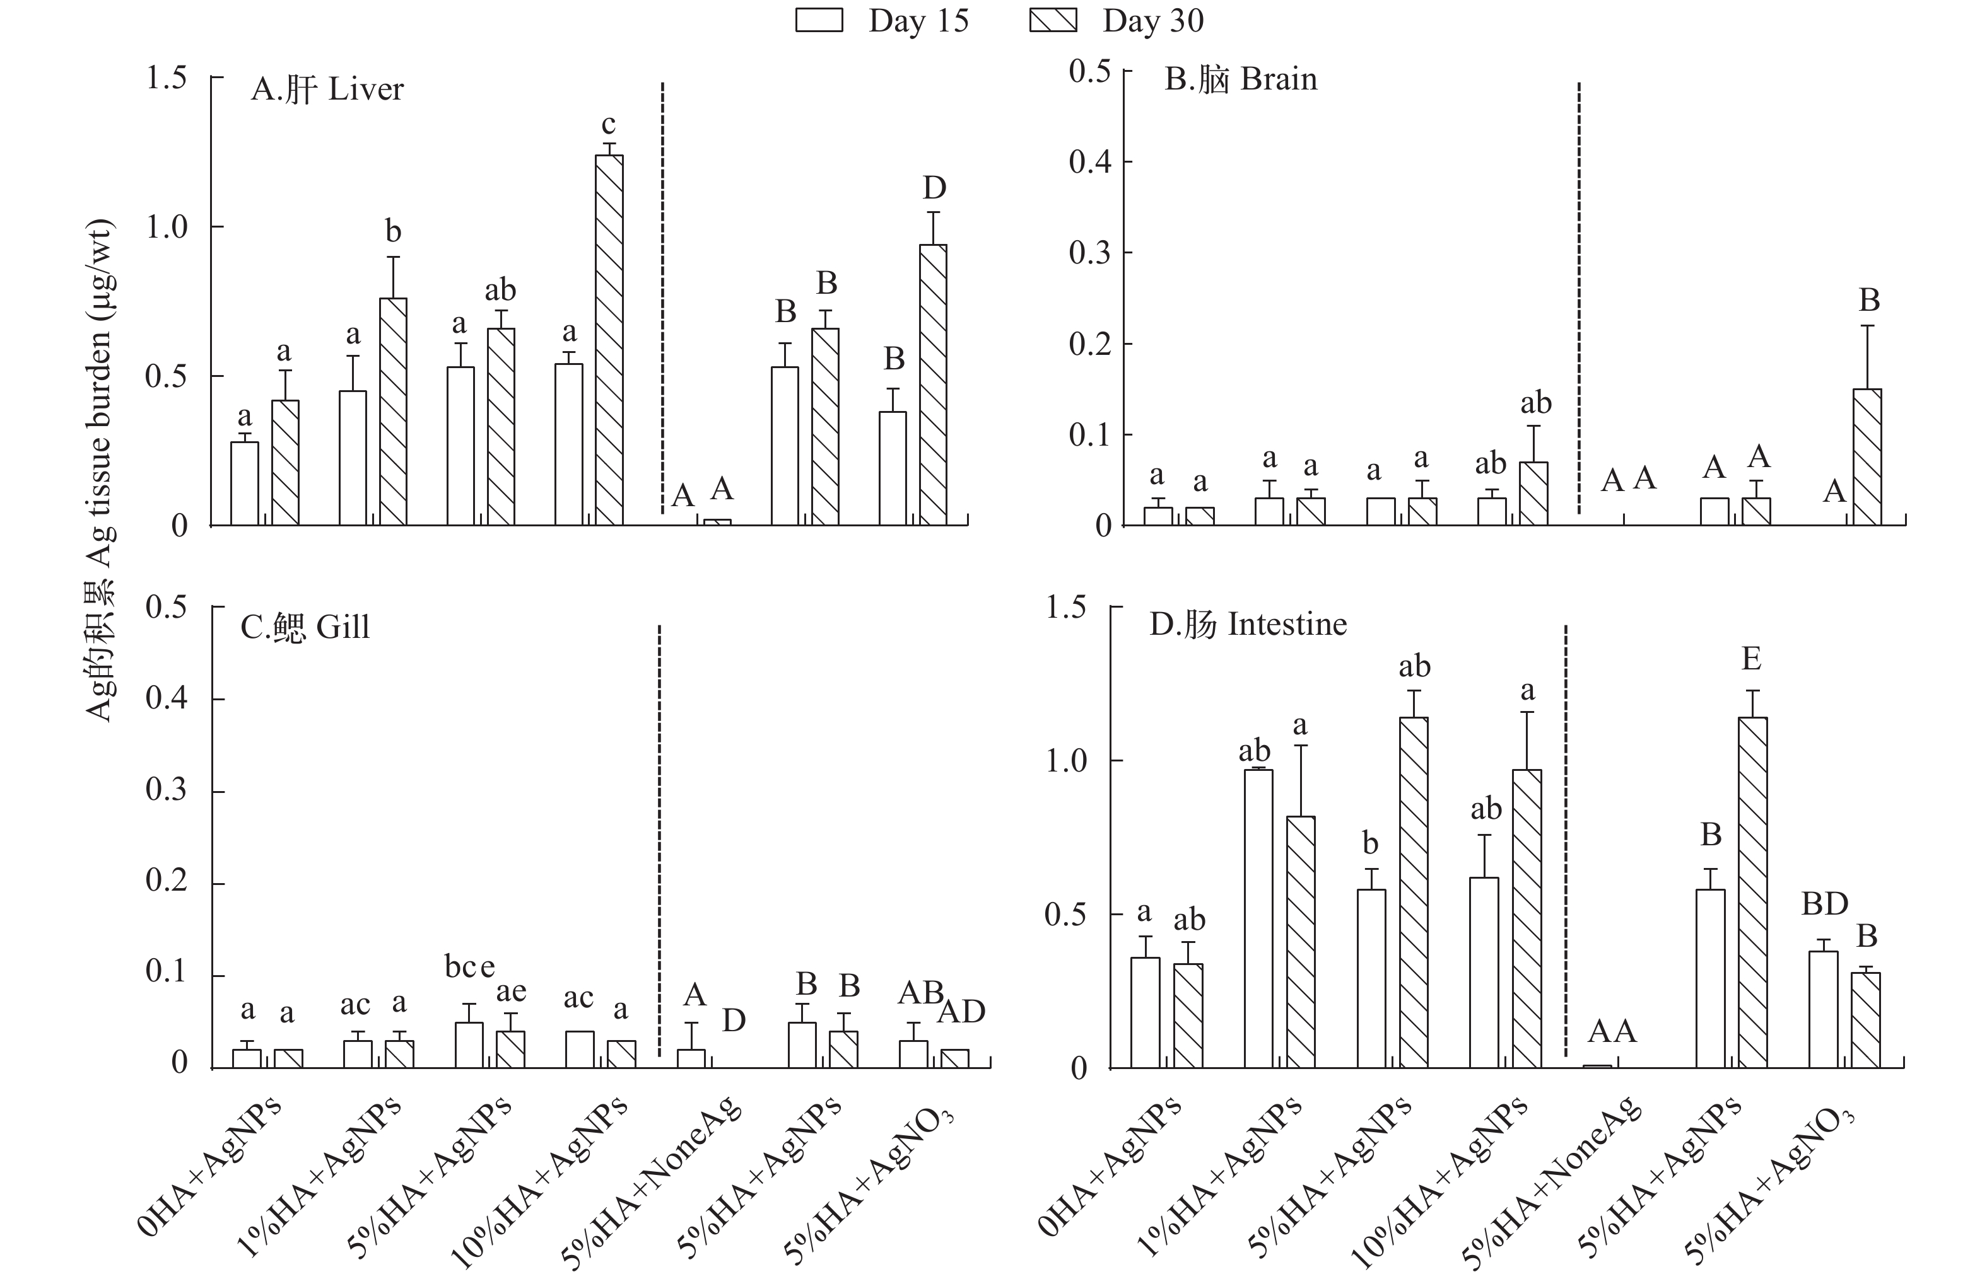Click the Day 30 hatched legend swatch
[1053, 20]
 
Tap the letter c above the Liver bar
[609, 124]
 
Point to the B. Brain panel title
[1240, 80]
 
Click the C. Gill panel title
[305, 627]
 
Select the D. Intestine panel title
[1248, 625]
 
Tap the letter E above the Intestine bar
[1752, 659]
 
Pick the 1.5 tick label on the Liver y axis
[166, 78]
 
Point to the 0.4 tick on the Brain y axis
[1089, 162]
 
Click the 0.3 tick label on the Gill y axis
[166, 790]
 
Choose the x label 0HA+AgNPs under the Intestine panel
[1110, 1167]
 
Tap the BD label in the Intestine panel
[1824, 904]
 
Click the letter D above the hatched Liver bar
[934, 188]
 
